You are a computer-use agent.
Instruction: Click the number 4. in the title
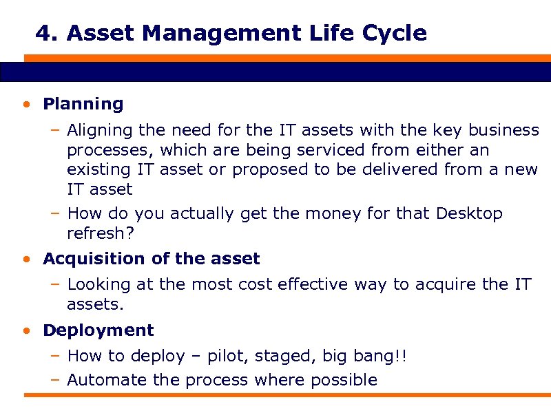click(x=46, y=33)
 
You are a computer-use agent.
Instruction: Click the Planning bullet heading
click(x=83, y=105)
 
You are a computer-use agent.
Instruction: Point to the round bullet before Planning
click(x=25, y=105)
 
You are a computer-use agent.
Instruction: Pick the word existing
click(x=98, y=169)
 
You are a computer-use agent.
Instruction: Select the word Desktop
click(x=469, y=214)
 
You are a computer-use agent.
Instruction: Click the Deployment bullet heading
click(x=98, y=330)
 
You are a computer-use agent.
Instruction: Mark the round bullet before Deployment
click(x=25, y=331)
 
